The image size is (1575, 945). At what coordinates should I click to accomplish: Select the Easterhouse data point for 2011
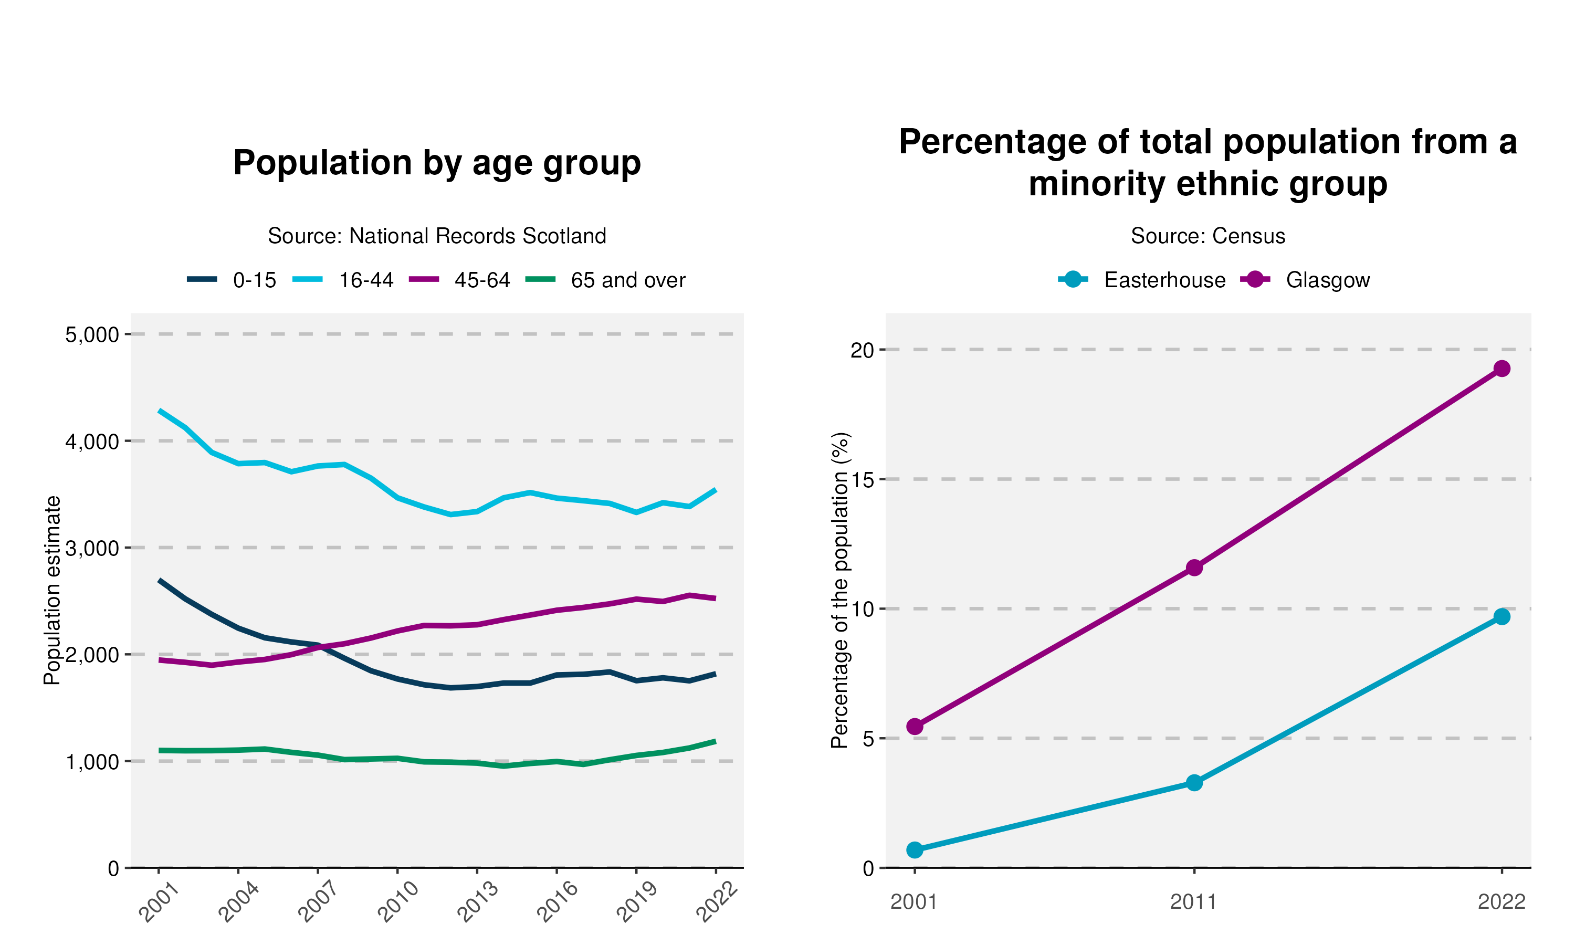1194,783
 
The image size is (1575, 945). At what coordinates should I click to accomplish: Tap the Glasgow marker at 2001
915,727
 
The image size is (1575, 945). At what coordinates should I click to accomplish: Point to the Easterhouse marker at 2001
915,849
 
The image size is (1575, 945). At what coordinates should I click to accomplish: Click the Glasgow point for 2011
1194,568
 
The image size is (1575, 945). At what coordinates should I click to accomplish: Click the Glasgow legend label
1327,280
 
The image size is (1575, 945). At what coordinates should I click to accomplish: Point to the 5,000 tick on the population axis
92,334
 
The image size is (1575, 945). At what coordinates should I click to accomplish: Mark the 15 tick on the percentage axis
863,479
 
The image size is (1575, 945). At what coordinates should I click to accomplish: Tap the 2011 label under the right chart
1194,902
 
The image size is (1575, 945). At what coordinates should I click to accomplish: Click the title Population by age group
437,163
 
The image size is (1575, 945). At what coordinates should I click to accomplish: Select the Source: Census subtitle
1207,236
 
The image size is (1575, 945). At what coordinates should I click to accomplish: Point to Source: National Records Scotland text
437,236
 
